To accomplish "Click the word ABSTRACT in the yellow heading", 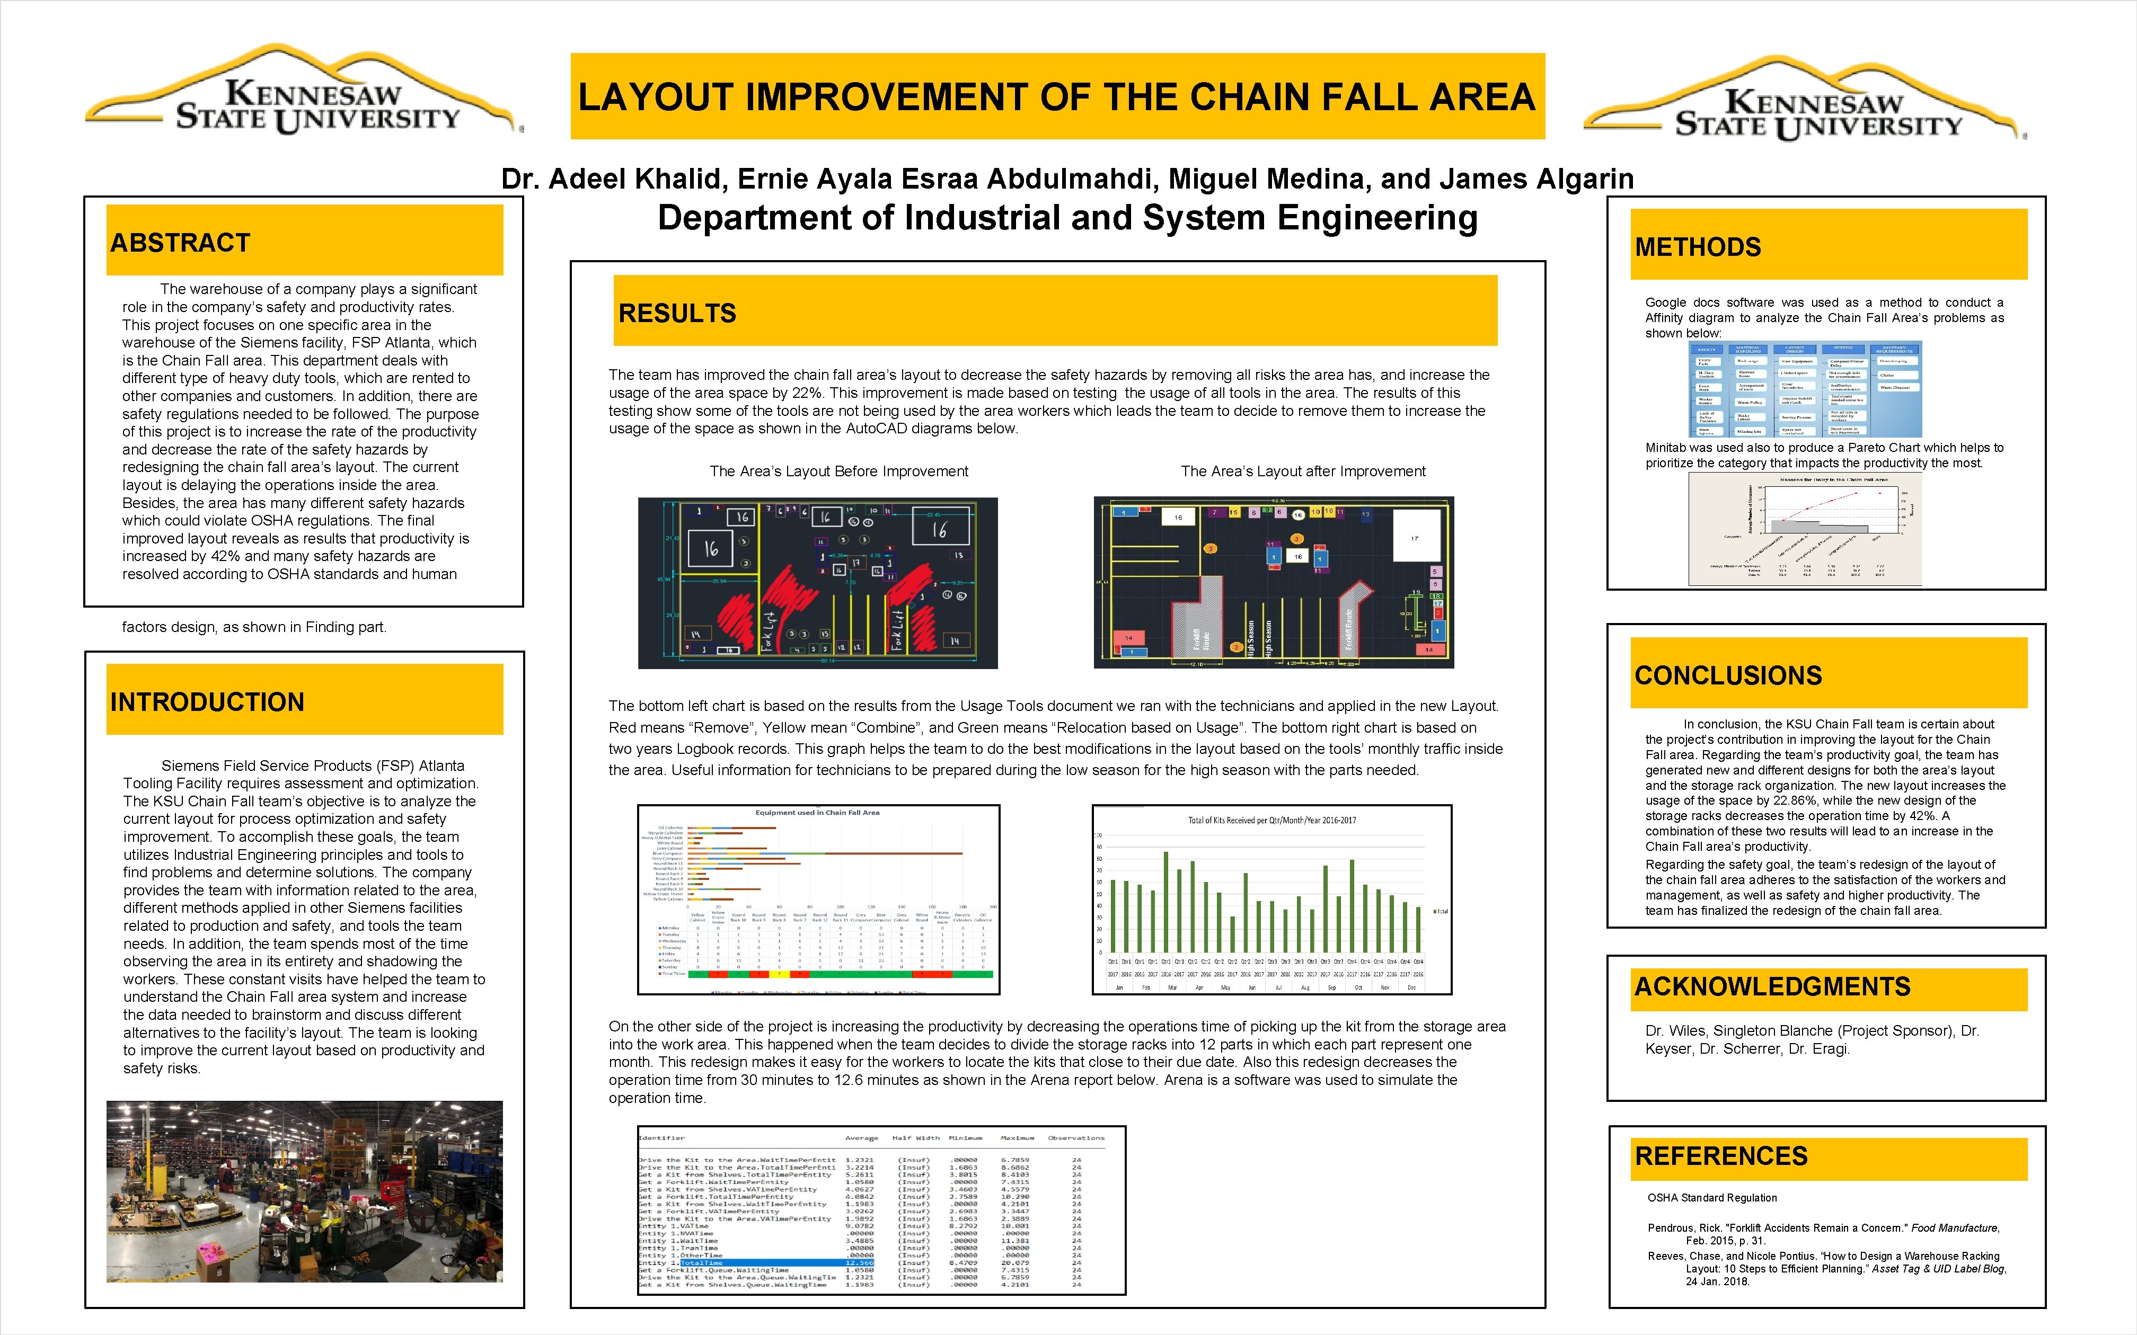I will [180, 243].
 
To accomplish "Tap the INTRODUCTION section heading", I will [207, 702].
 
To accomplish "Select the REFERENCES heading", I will [1720, 1156].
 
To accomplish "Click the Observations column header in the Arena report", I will [1075, 1138].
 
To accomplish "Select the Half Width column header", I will [914, 1138].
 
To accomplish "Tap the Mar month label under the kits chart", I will [1172, 987].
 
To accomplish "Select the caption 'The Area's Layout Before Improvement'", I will [839, 471].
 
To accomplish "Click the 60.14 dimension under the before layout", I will [826, 661].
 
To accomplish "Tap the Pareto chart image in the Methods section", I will [1804, 528].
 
